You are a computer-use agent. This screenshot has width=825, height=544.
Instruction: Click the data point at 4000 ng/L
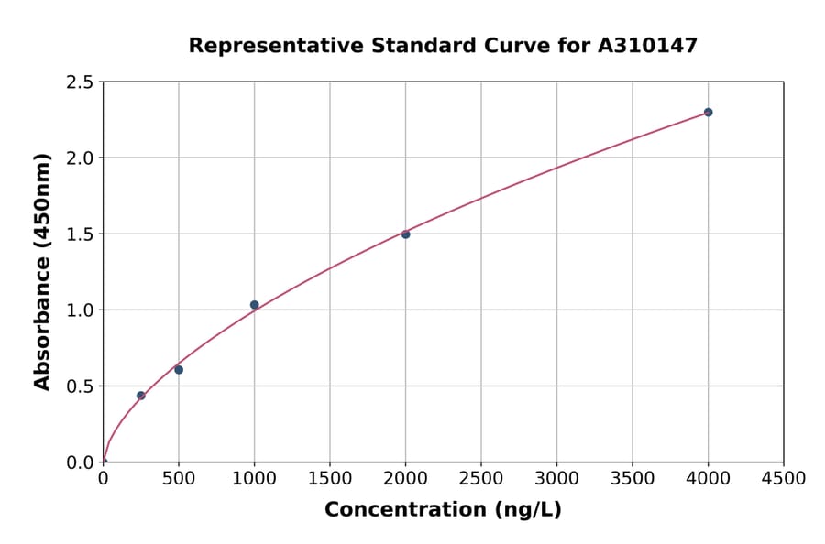tap(708, 113)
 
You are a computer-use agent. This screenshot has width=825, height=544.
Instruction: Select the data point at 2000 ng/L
tap(405, 234)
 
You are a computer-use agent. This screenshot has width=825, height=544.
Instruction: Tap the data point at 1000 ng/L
tap(254, 305)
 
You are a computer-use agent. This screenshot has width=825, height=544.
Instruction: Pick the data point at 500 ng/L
tap(179, 370)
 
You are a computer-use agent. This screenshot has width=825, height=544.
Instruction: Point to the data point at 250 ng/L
tap(141, 396)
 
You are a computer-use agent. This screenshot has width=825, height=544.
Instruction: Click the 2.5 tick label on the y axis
tap(81, 82)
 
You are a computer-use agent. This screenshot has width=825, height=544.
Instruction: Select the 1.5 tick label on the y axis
tap(81, 234)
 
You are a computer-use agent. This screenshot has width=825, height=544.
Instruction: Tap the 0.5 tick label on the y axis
tap(81, 386)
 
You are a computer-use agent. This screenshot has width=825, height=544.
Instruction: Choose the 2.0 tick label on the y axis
tap(81, 158)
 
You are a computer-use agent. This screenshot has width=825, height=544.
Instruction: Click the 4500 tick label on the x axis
tap(783, 479)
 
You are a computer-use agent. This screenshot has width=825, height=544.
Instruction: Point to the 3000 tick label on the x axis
tap(556, 479)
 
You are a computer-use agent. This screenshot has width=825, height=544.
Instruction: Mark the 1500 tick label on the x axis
tap(330, 479)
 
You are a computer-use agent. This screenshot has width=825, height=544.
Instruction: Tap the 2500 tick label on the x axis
tap(481, 479)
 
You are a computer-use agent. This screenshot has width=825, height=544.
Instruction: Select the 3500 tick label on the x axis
tap(632, 479)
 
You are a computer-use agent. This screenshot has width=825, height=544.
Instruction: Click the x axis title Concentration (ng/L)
tap(443, 510)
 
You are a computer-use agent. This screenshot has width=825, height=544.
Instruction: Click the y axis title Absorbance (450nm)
tap(42, 272)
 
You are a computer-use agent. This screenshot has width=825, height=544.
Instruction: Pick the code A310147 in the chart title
tap(648, 46)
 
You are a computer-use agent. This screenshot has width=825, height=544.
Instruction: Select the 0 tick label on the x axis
tap(103, 479)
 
